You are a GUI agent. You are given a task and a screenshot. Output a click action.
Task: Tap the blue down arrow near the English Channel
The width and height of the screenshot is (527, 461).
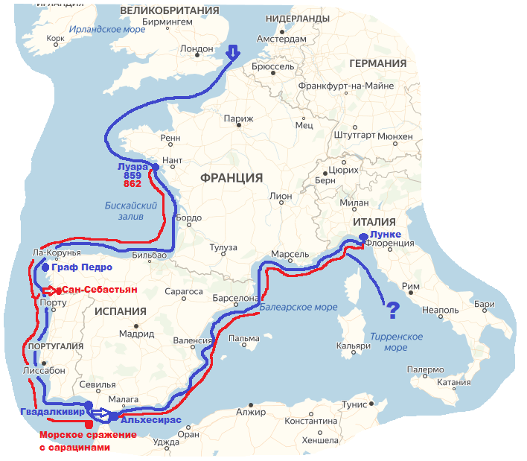pyautogui.click(x=233, y=52)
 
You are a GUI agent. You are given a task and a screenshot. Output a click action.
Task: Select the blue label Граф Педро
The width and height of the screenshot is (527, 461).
pyautogui.click(x=82, y=267)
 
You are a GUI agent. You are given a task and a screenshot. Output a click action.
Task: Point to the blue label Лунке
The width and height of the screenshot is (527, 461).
pyautogui.click(x=385, y=234)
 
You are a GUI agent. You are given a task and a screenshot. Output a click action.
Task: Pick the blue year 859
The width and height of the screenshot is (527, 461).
pyautogui.click(x=132, y=175)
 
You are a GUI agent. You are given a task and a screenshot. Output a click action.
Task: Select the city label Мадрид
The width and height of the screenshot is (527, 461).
pyautogui.click(x=135, y=334)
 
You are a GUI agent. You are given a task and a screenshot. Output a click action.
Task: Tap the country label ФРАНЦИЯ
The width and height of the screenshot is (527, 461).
pyautogui.click(x=231, y=177)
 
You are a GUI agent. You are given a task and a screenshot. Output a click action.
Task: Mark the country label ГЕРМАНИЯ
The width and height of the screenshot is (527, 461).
pyautogui.click(x=378, y=63)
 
